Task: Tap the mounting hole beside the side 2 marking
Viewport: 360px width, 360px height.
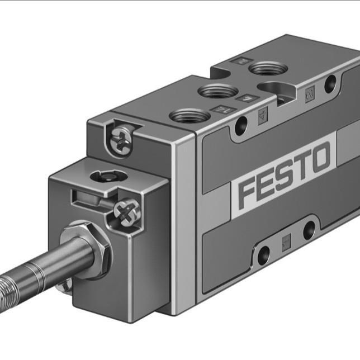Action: coord(330,84)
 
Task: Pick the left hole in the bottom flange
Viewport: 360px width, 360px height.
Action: coord(263,254)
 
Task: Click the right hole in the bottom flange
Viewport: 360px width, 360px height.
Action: coord(309,230)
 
